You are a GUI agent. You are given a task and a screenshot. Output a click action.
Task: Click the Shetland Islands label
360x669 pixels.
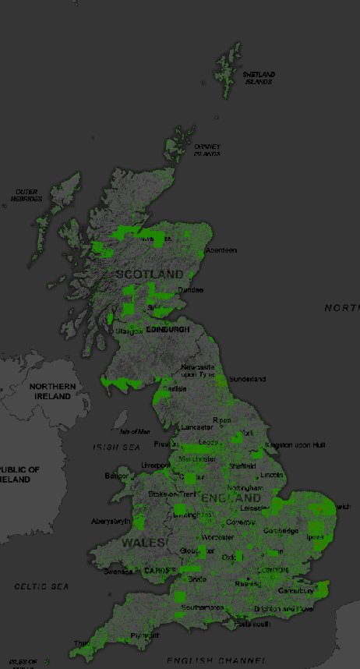[259, 78]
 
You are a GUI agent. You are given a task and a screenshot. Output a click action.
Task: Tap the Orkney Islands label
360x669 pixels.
[207, 150]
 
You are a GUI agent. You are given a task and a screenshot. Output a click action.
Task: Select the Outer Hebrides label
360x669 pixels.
[26, 195]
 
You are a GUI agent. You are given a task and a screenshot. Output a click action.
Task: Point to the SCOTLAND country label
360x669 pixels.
[150, 274]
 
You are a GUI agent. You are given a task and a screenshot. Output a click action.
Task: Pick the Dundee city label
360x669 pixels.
[191, 290]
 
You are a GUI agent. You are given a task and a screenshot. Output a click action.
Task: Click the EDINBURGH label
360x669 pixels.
[168, 330]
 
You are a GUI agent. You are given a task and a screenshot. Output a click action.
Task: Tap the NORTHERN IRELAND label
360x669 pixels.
[53, 391]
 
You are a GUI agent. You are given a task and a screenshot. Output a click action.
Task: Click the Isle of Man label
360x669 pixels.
[134, 431]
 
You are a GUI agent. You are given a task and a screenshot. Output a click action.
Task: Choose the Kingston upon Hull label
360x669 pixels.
[294, 444]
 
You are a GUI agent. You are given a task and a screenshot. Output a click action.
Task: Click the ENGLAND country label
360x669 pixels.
[231, 497]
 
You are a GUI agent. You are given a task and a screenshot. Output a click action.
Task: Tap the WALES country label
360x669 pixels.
[143, 542]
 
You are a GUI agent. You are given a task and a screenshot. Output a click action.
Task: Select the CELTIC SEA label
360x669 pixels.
[41, 586]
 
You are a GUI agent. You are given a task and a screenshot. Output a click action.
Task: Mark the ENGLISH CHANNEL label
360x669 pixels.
[211, 660]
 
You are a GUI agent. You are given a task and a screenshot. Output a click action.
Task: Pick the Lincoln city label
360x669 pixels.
[272, 475]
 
